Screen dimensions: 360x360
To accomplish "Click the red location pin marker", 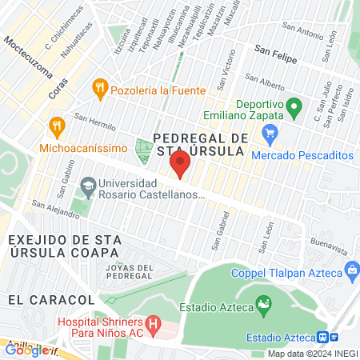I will tap(180, 166).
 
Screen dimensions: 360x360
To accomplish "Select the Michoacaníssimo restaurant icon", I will tap(56, 126).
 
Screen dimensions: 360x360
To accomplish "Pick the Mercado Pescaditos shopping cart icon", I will tap(270, 134).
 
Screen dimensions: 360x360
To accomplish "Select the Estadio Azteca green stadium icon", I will tap(263, 304).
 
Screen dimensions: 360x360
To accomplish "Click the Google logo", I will tap(27, 349).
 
